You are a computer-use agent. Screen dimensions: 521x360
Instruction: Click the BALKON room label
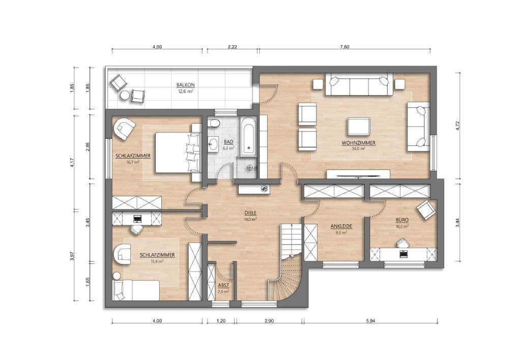tap(185, 85)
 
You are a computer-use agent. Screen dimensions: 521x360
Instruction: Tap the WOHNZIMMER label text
tap(359, 143)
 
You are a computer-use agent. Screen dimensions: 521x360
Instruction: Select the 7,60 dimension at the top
tap(345, 47)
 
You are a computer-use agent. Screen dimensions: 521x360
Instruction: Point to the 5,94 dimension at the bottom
tap(370, 321)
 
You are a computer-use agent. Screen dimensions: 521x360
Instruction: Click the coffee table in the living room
tap(359, 126)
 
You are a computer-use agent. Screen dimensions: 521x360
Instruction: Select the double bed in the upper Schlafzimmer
tap(178, 153)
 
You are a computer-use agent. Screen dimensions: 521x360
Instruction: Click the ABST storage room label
tap(223, 285)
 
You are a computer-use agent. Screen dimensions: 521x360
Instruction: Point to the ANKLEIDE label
tap(341, 226)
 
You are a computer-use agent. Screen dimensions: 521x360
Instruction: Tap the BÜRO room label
tap(402, 220)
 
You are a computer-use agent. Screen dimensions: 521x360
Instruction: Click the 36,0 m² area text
tap(359, 149)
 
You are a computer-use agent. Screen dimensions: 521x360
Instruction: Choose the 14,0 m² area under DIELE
tap(250, 219)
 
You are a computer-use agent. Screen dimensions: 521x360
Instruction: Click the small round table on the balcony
tap(125, 95)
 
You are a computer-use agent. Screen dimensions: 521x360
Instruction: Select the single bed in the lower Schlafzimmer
tap(136, 290)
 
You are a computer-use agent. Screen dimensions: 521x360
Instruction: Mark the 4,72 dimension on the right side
tap(458, 125)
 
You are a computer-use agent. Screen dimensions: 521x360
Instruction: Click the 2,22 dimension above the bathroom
tap(232, 47)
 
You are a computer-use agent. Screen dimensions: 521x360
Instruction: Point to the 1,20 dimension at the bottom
tap(221, 321)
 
